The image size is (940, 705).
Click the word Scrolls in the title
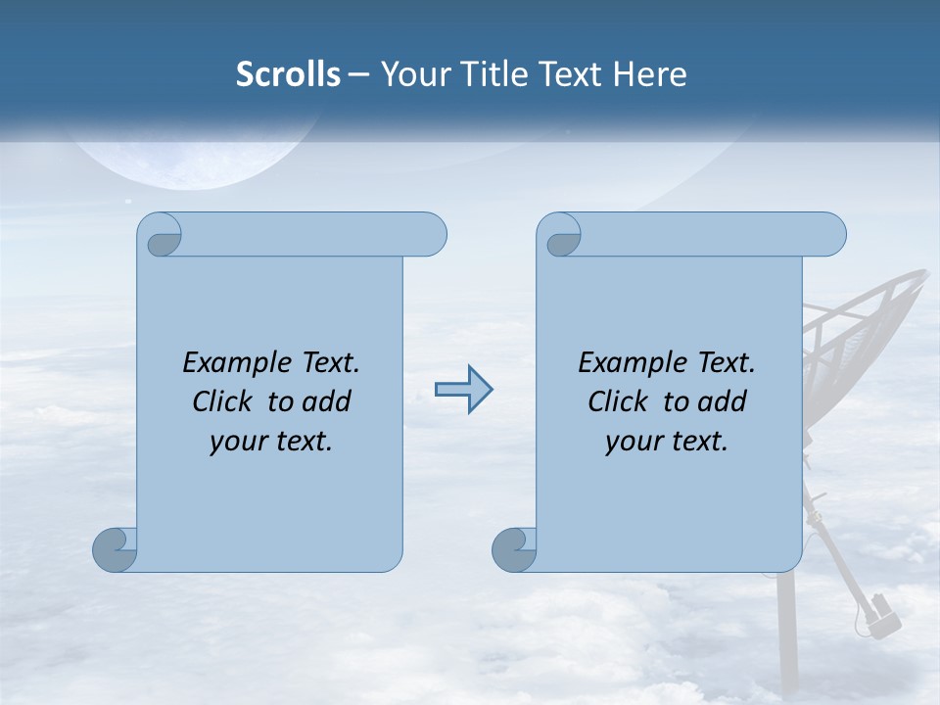288,74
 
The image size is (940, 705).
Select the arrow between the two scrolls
463,390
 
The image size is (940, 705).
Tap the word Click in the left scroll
225,401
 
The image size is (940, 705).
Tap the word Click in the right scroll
621,401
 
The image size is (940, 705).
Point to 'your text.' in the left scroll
271,442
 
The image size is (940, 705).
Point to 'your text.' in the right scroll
667,442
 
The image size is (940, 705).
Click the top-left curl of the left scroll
162,237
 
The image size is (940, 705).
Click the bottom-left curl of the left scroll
115,549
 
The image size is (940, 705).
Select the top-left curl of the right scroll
561,237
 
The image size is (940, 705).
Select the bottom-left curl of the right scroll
514,549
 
